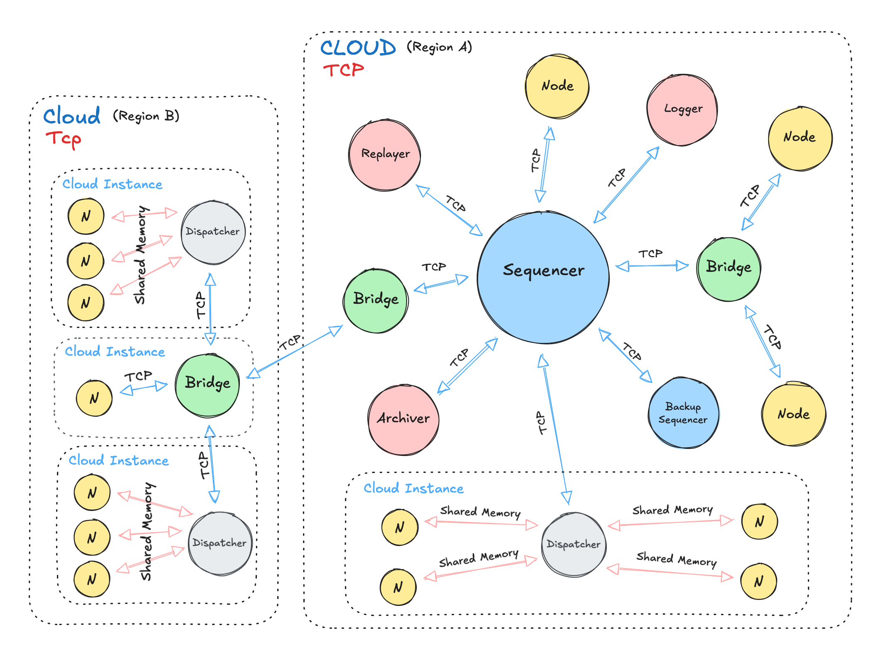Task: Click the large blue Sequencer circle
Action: (543, 278)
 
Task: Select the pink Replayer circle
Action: (385, 155)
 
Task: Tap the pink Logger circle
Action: (682, 110)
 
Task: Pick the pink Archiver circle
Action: (404, 419)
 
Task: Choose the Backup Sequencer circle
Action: (683, 413)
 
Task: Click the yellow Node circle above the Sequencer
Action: (557, 86)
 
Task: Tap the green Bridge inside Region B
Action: (207, 385)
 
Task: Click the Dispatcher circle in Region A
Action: (573, 544)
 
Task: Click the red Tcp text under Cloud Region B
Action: (63, 139)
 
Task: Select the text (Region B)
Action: (146, 116)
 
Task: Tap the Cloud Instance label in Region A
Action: (413, 488)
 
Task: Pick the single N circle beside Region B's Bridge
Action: (94, 398)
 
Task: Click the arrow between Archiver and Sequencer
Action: (468, 365)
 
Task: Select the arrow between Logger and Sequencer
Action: (627, 185)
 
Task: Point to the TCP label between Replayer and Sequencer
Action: (455, 204)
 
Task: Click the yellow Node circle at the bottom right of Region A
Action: (794, 414)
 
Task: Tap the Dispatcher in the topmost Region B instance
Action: (213, 232)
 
